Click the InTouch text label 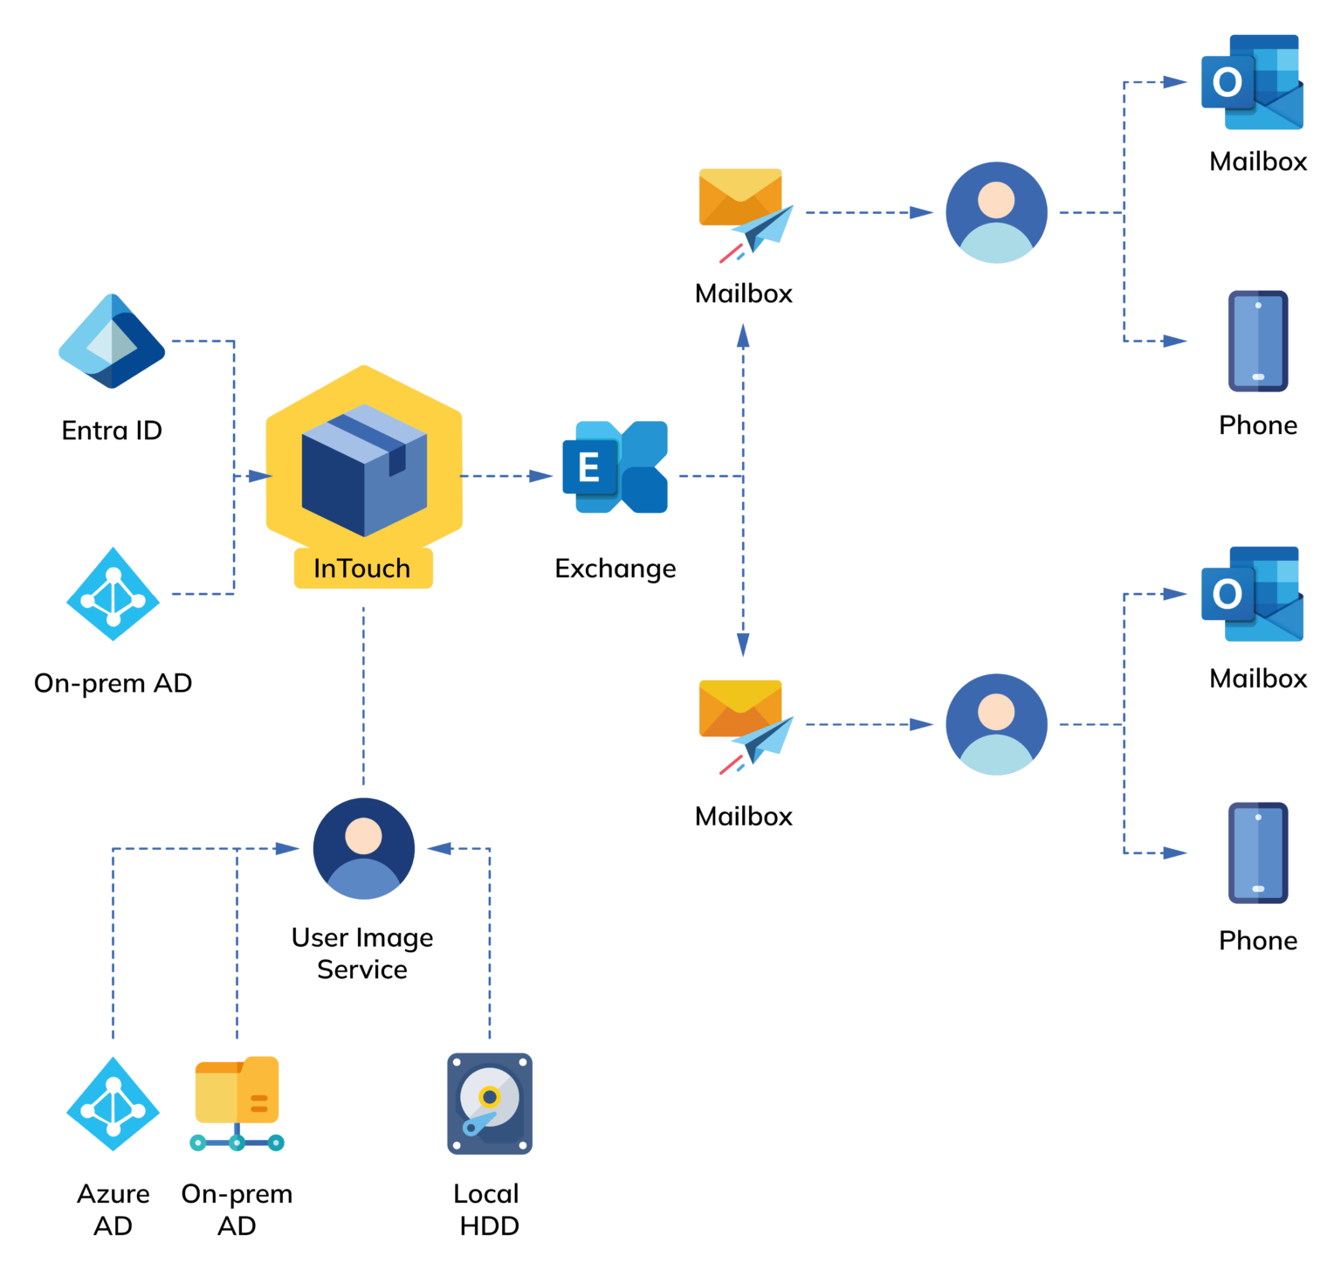tap(362, 569)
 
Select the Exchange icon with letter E tap(615, 467)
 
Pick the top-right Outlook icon tap(1252, 82)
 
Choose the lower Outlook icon tap(1252, 594)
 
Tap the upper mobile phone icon tap(1258, 341)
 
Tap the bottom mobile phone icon tap(1258, 852)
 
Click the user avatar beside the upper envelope tap(996, 212)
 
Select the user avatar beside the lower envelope tap(996, 724)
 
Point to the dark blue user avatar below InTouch tap(363, 848)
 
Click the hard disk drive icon tap(490, 1104)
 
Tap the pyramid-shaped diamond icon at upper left tap(112, 342)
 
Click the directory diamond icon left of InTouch tap(113, 594)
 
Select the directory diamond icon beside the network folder tap(113, 1104)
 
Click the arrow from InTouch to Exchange tap(507, 476)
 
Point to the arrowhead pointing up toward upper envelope tap(743, 335)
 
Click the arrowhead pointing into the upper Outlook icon tap(1175, 82)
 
